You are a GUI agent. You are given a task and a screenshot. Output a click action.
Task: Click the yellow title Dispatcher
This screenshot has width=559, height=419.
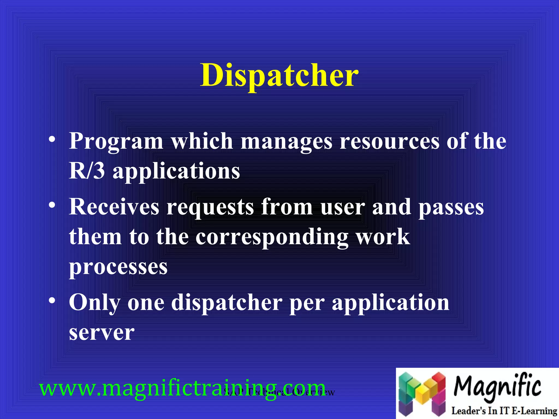[x=279, y=75]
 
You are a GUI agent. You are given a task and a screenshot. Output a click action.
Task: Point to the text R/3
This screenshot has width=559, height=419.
[x=87, y=171]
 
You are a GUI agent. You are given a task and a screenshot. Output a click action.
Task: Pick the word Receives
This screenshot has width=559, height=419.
[x=114, y=207]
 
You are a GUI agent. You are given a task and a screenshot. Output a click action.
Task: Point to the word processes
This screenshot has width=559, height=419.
[x=118, y=267]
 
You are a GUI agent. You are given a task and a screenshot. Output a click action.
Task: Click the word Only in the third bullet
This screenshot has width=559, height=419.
[x=94, y=303]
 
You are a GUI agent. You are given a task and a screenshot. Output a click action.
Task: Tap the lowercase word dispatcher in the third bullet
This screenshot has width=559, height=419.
[x=227, y=303]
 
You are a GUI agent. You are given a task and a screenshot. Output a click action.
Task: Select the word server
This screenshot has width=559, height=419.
[x=102, y=333]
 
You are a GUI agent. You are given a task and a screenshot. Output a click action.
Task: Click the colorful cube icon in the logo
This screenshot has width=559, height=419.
[x=422, y=393]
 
